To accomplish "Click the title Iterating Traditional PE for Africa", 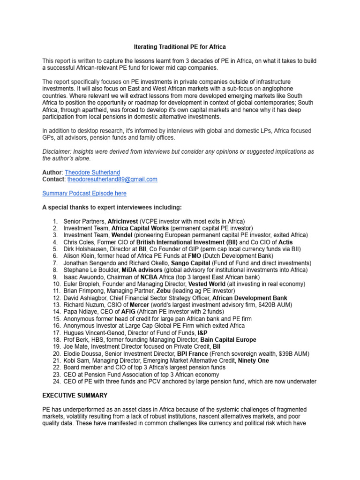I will (x=180, y=47).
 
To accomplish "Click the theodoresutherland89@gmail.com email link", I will (x=112, y=179).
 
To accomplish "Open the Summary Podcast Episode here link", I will (x=84, y=193).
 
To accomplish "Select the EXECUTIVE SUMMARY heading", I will (x=75, y=396).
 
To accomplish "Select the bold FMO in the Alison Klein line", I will (x=195, y=256).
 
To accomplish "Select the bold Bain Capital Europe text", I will (x=228, y=339).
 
